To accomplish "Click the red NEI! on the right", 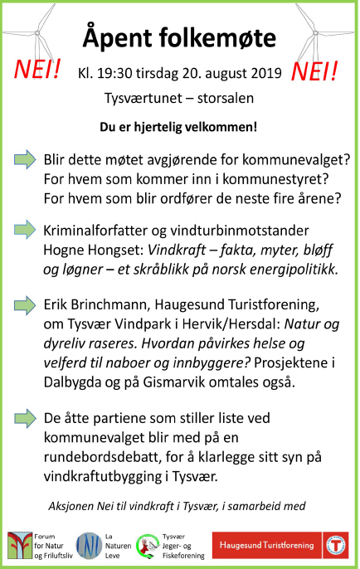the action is click(x=319, y=71).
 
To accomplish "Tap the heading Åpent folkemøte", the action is click(x=180, y=37).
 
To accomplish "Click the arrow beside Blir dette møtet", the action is click(x=26, y=158).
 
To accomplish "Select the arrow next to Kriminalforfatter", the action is click(x=26, y=228).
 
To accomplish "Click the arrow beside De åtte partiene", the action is click(x=26, y=417).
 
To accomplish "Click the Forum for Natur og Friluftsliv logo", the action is click(x=18, y=545).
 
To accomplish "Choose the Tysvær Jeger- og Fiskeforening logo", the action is click(x=149, y=545).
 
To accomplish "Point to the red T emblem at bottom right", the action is click(x=335, y=545).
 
